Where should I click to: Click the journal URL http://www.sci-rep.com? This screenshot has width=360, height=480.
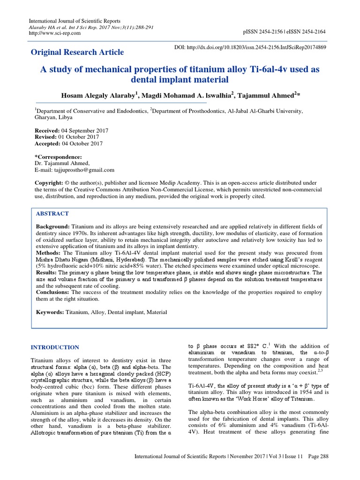pyautogui.click(x=55, y=34)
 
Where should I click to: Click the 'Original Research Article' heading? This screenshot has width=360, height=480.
pyautogui.click(x=77, y=52)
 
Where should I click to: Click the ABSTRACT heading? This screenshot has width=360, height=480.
pyautogui.click(x=52, y=213)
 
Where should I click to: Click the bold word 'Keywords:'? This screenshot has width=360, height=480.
pyautogui.click(x=51, y=312)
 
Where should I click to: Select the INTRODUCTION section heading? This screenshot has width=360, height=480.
pyautogui.click(x=55, y=347)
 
